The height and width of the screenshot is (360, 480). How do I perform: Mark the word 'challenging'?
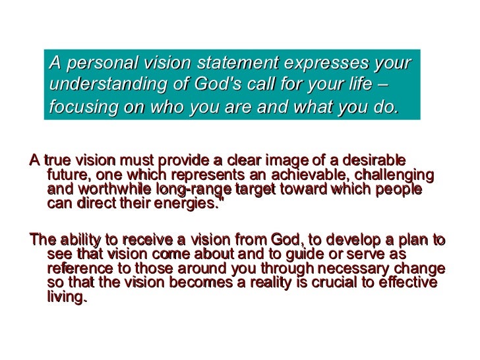pyautogui.click(x=395, y=175)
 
